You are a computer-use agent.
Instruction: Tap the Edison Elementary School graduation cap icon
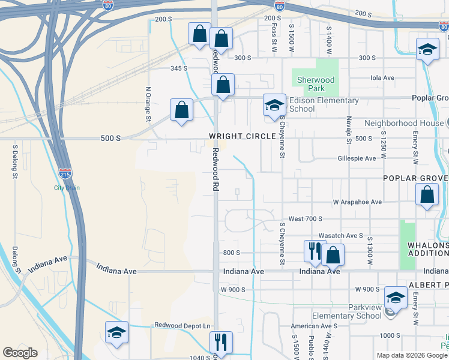coord(274,105)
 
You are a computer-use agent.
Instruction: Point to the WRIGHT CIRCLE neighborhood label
coord(243,136)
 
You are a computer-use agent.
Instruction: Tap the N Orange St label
coord(148,103)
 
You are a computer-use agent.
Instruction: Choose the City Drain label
coord(67,188)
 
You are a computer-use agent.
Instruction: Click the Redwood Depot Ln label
coord(184,325)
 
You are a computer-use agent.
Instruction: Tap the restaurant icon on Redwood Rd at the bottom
coord(221,342)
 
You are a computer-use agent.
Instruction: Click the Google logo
coord(20,353)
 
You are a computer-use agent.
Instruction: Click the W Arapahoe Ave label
coord(358,202)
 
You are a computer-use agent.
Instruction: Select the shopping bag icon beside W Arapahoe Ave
coord(427,195)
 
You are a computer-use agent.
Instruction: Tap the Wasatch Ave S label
coord(341,236)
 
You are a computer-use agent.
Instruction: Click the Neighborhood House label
coord(403,123)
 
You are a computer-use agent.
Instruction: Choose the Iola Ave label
coord(382,78)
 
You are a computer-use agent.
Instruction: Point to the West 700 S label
coord(306,219)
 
